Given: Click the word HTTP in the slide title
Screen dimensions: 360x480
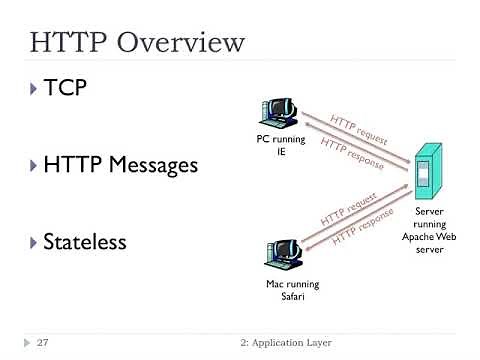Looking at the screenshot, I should tap(70, 43).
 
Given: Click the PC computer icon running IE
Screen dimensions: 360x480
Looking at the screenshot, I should tap(281, 115).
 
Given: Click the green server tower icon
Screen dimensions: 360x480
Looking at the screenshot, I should tap(428, 173).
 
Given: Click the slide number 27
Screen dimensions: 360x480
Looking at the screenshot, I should tap(43, 343).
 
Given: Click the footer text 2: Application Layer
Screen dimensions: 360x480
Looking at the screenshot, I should tap(284, 343).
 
